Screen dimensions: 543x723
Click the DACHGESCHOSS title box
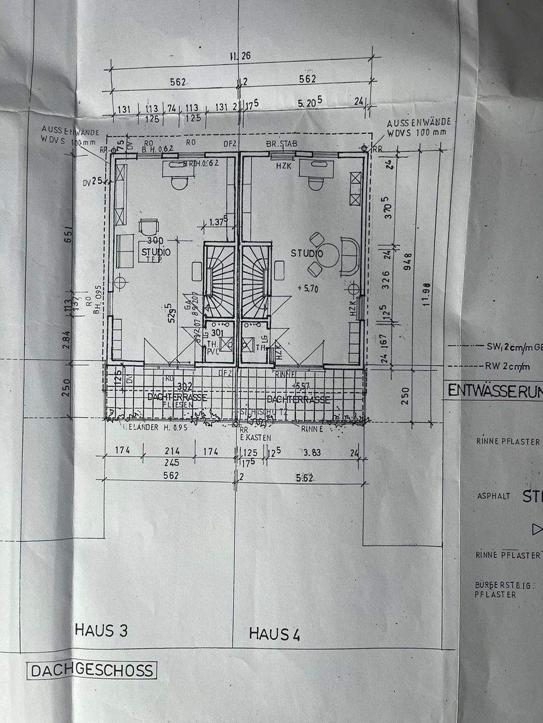92,670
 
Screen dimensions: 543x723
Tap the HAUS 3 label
101,629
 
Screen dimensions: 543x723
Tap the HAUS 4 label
275,634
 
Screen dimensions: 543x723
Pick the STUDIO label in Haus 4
307,254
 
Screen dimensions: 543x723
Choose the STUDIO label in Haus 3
157,252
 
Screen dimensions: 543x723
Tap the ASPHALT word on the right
494,496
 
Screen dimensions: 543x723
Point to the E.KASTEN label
255,438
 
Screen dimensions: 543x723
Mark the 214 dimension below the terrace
171,451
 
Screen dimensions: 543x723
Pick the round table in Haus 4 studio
331,254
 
